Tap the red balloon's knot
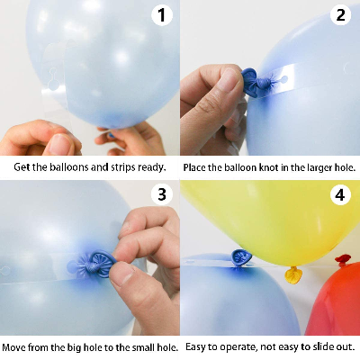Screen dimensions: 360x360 (x=343, y=261)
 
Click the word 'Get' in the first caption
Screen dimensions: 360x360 (x=22, y=167)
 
